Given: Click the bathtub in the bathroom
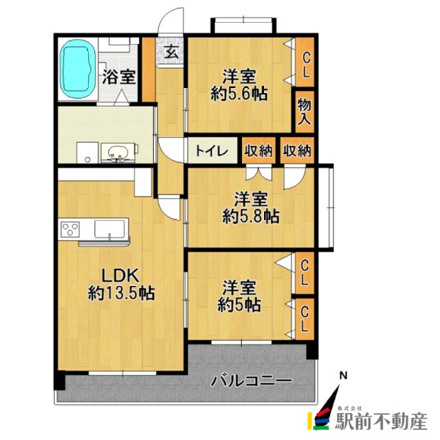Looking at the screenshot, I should (78, 70).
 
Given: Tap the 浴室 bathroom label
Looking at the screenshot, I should (119, 77).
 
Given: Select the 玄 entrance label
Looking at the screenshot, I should (172, 52).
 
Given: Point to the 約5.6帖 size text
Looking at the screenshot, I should (239, 94).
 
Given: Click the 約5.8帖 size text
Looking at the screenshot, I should (250, 216).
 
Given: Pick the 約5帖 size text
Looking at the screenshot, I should (240, 303).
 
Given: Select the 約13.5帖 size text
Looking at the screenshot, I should (121, 293).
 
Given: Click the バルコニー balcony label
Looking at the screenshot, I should (251, 379).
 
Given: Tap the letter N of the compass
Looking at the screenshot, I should (344, 375).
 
